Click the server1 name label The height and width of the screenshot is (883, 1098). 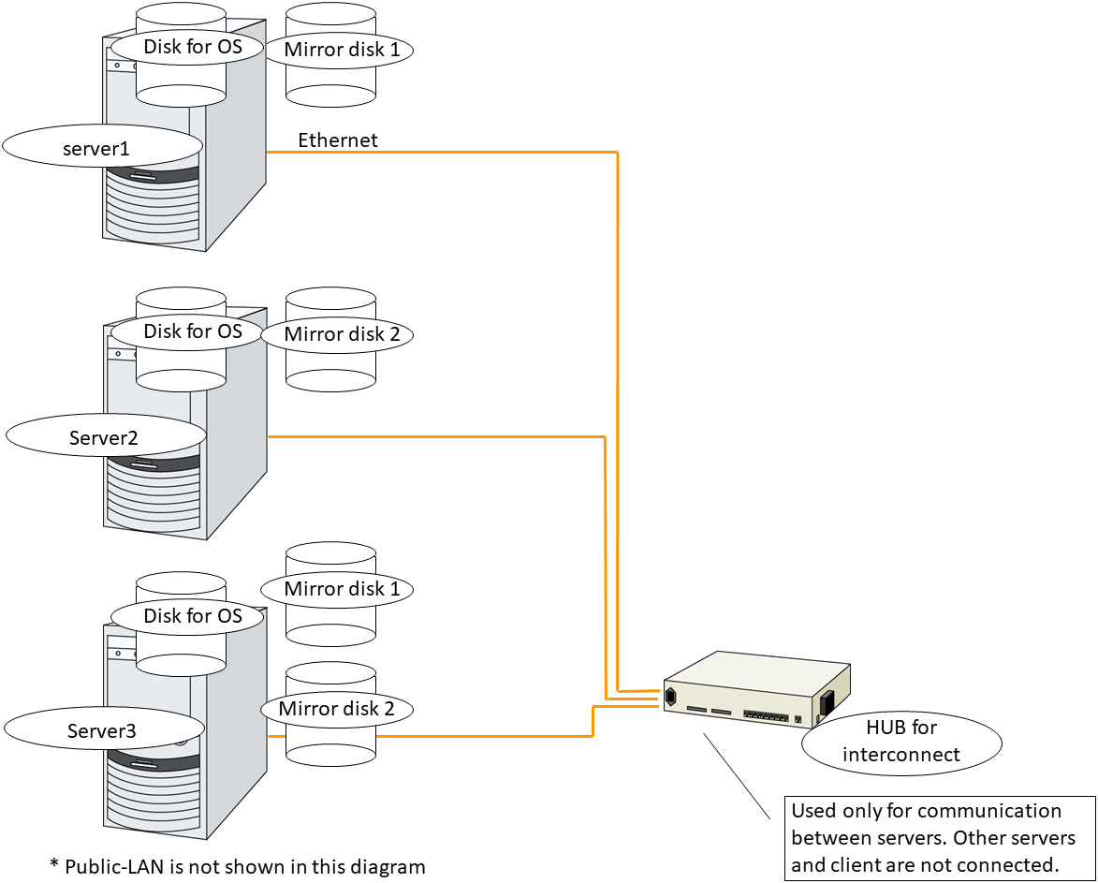102,148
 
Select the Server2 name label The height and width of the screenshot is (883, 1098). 105,437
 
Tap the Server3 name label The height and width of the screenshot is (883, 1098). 103,731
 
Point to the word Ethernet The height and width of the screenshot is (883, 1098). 338,140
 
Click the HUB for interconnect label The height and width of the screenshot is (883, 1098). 901,741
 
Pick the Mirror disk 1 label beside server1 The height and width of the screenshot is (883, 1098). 342,50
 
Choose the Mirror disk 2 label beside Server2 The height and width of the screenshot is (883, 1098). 335,334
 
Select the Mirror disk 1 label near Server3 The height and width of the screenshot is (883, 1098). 335,589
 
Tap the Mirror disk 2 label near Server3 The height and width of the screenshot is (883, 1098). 336,709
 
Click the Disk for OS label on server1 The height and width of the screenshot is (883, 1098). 192,47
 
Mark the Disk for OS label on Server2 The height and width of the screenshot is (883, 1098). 192,331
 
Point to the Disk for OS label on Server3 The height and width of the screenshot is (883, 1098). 192,615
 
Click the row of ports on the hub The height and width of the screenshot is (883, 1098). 766,714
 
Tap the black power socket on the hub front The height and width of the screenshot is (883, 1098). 671,697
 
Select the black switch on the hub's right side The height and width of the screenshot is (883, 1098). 827,703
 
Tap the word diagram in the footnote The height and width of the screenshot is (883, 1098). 391,866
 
